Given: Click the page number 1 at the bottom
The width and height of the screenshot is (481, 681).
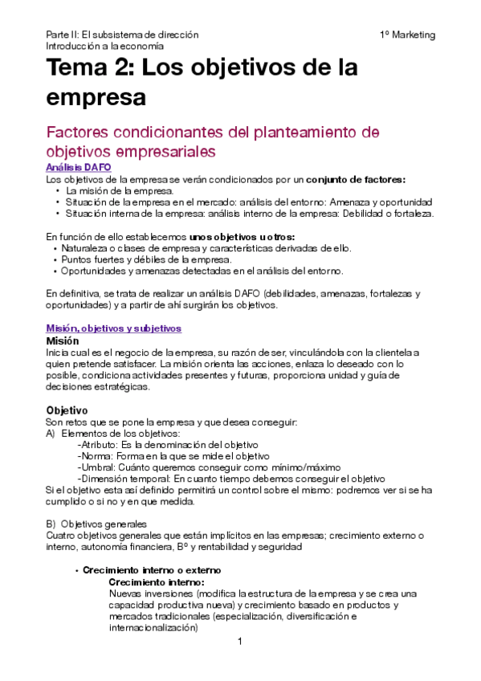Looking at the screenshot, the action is pos(239,642).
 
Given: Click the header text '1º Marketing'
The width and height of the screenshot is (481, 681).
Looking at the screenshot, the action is pos(407,35).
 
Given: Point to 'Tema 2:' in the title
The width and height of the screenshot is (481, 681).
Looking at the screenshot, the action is pos(89,68).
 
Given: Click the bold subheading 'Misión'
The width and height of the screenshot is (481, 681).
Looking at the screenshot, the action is pos(65,340).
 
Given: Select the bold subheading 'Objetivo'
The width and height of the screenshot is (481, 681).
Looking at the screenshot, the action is pos(67,410).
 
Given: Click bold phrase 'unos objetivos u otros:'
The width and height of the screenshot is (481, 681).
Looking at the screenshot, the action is pos(243,237).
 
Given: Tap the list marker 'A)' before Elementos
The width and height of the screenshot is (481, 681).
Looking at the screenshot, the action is pos(51,434).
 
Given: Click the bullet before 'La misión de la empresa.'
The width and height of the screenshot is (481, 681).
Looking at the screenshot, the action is pos(58,191).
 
